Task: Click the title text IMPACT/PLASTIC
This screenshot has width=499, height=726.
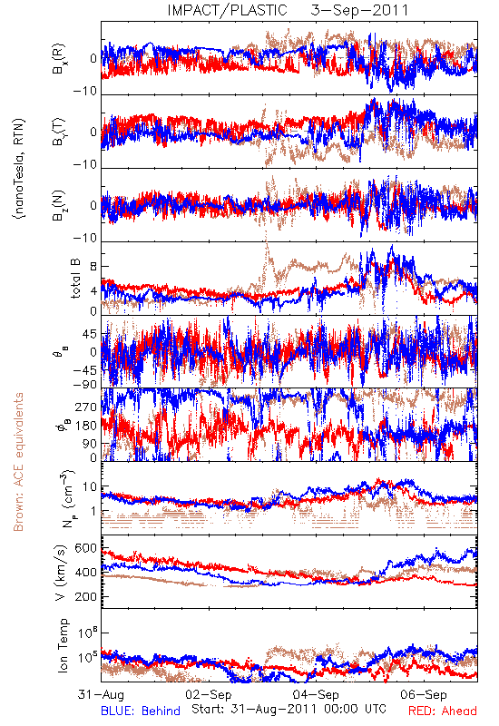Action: tap(228, 10)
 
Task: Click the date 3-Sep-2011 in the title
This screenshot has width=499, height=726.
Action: tap(359, 10)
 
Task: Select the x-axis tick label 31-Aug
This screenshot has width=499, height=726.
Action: tap(101, 694)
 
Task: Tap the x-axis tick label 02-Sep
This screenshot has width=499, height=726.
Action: tap(209, 694)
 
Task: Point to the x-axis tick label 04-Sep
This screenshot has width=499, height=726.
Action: tap(316, 694)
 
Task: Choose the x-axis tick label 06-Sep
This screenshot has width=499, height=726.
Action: tap(424, 694)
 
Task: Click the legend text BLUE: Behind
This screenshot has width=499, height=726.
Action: tap(141, 711)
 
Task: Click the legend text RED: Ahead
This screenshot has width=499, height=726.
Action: tap(443, 711)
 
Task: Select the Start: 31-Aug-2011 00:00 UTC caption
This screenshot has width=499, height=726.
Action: tap(289, 709)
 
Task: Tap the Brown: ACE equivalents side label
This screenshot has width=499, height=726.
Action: tap(18, 462)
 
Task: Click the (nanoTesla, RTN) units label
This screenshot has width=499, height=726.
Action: tap(19, 168)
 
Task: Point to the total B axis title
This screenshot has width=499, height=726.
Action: tap(75, 279)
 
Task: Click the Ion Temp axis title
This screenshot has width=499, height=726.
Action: tap(63, 645)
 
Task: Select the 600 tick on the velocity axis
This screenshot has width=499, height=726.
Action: tap(85, 548)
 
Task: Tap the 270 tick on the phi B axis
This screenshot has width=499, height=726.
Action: tap(85, 407)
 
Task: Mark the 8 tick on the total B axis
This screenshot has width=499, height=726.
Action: tap(93, 267)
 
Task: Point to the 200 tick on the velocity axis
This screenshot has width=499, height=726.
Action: tap(85, 596)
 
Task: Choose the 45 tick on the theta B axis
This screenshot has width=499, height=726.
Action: tap(89, 334)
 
